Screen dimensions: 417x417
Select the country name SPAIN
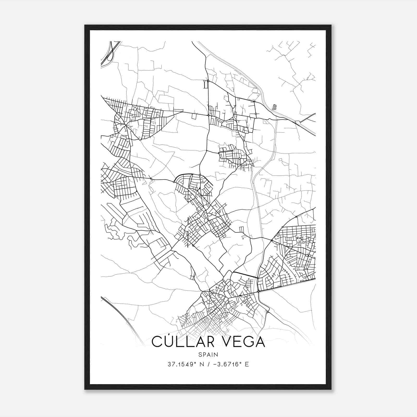pyautogui.click(x=208, y=354)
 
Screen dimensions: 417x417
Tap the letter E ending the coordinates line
pyautogui.click(x=247, y=364)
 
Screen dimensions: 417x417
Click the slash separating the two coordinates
pyautogui.click(x=209, y=364)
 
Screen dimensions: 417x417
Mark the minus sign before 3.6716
pyautogui.click(x=215, y=364)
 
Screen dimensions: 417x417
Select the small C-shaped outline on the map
pyautogui.click(x=274, y=107)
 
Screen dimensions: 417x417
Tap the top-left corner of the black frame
pyautogui.click(x=85, y=25)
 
